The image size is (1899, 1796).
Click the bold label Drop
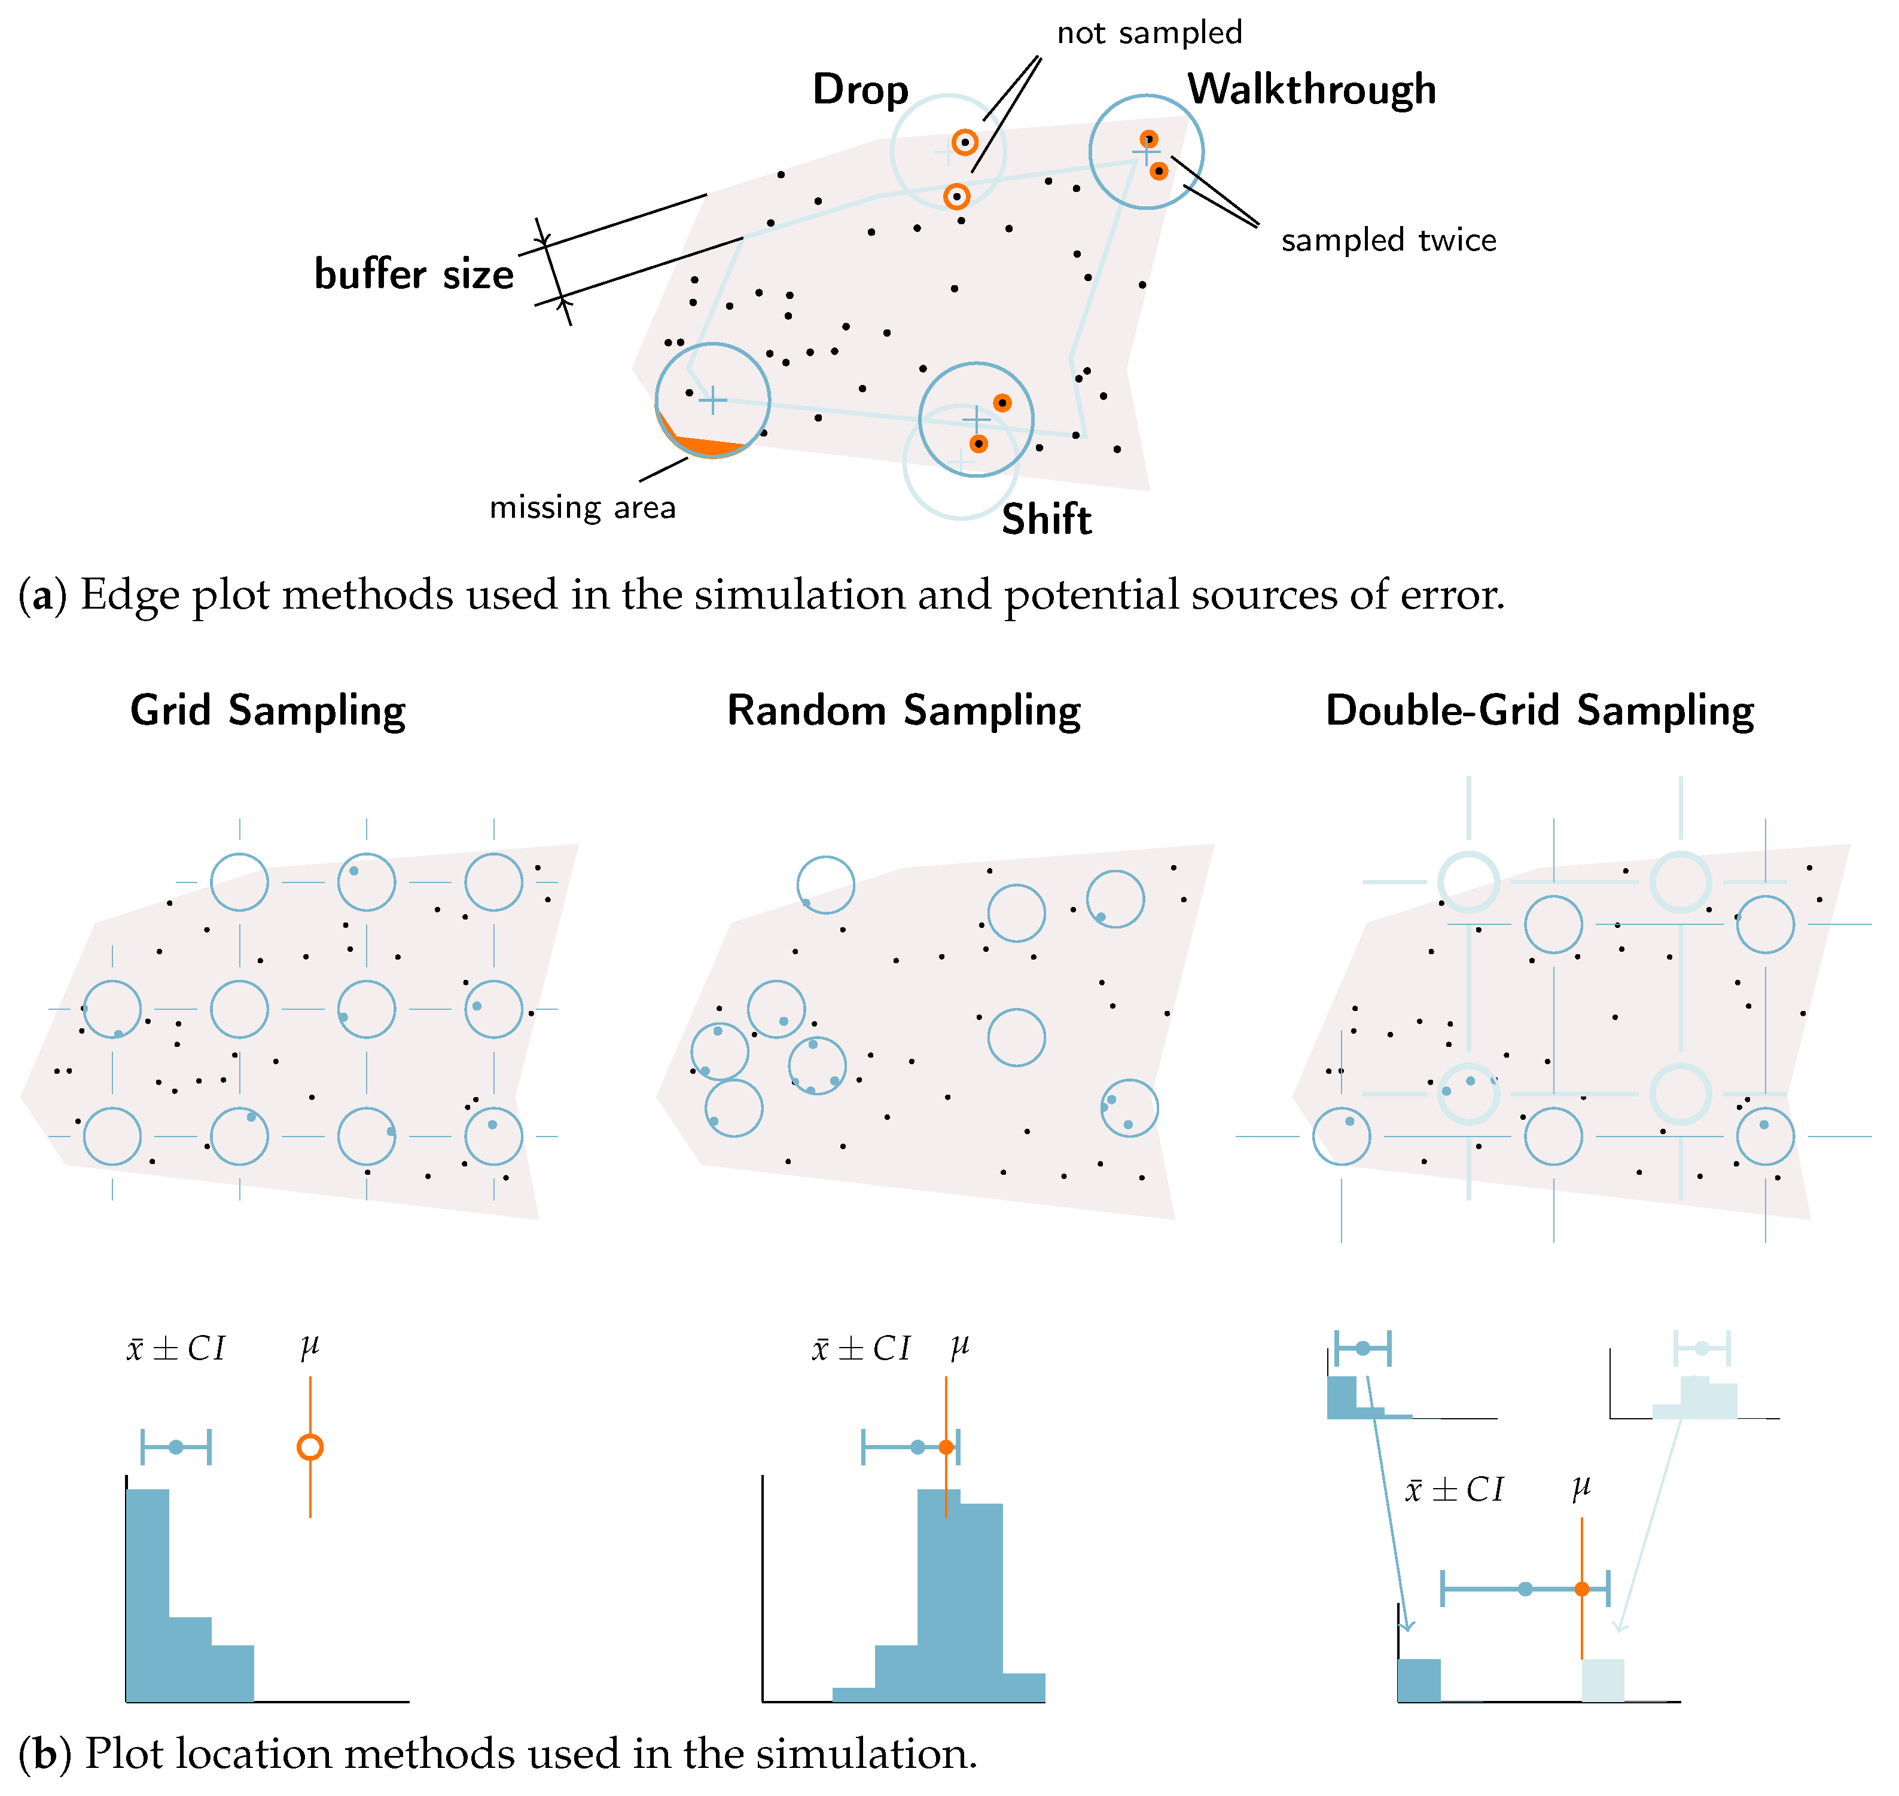point(860,90)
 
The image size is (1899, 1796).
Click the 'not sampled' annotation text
point(1149,33)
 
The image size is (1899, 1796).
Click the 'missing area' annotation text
point(582,508)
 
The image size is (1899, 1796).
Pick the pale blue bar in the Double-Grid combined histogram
point(1602,1680)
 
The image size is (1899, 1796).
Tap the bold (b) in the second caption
point(45,1754)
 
